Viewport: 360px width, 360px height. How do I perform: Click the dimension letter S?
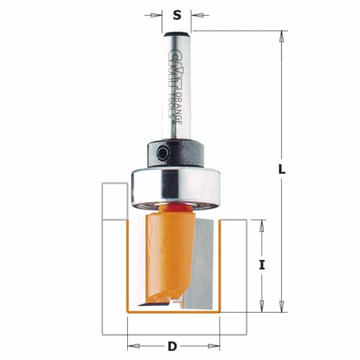point(177,16)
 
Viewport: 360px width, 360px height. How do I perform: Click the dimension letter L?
point(282,169)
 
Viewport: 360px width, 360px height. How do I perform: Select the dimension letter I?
point(262,265)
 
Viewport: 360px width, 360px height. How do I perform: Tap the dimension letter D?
point(172,346)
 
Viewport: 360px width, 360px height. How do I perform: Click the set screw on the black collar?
point(163,154)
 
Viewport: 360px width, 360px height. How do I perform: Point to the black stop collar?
point(176,153)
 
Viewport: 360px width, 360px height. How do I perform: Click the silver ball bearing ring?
point(176,186)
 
